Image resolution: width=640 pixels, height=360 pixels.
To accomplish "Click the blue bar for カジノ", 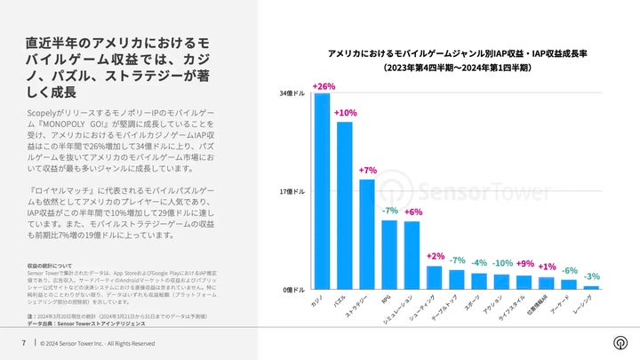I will click(x=322, y=191).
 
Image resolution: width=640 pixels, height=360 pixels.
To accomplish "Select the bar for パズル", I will click(x=344, y=205).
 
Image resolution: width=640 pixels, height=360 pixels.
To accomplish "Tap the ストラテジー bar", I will click(x=366, y=235).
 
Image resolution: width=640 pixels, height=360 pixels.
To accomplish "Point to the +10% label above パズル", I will click(x=345, y=113).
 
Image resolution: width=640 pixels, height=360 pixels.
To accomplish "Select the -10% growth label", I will click(x=502, y=263).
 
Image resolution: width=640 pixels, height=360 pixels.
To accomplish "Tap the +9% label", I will click(x=525, y=264).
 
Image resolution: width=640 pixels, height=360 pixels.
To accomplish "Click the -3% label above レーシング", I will click(x=592, y=276).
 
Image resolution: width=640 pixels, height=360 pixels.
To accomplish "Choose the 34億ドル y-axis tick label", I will click(x=292, y=92).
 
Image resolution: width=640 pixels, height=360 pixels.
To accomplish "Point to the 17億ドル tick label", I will click(x=292, y=191).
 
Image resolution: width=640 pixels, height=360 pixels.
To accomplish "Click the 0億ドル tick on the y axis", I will click(x=295, y=290).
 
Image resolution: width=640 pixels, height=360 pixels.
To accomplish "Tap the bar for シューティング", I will click(x=435, y=278).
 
